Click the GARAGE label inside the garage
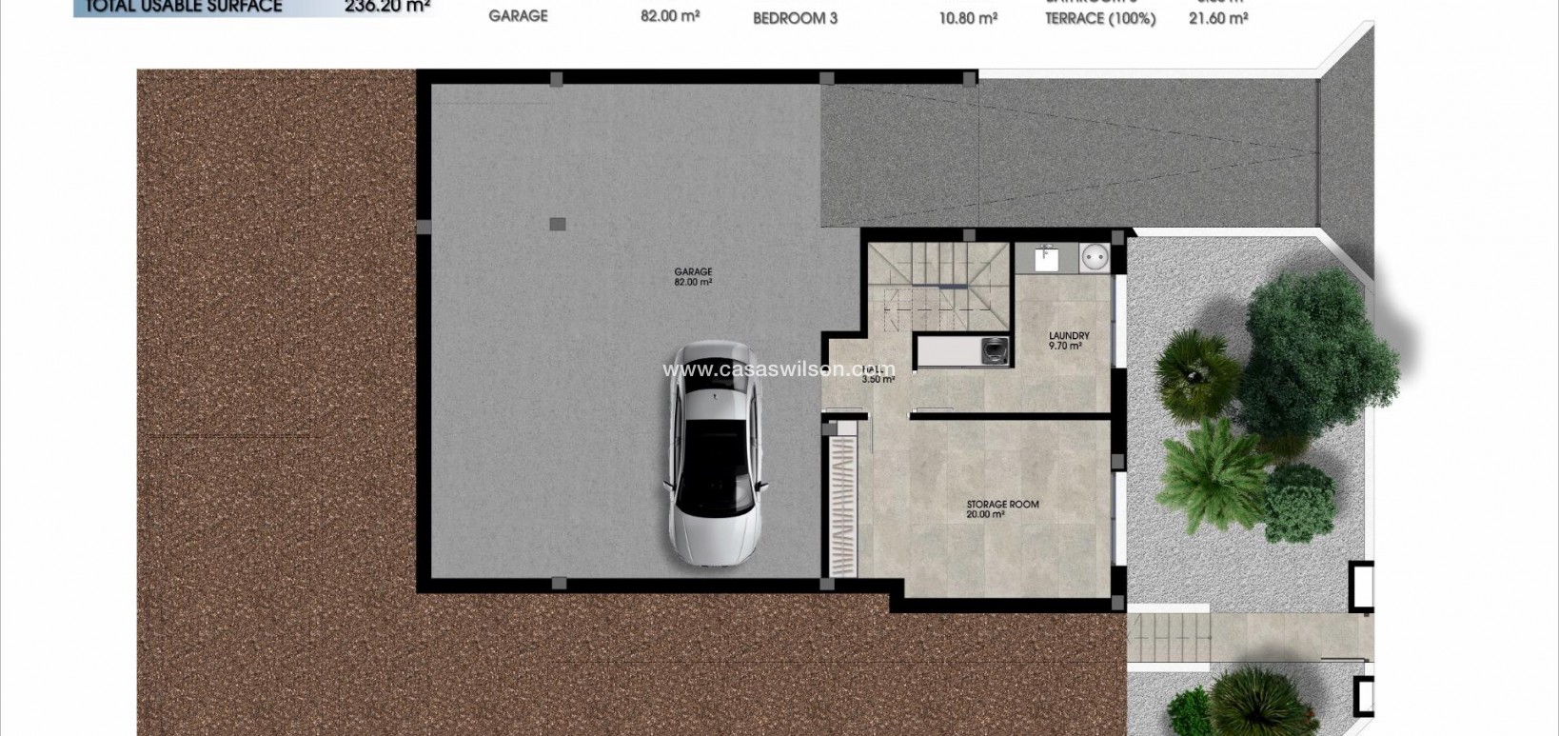point(693,272)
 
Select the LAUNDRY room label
point(1069,336)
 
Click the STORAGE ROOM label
point(1002,505)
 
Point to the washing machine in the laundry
point(996,350)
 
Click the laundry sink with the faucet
point(1046,257)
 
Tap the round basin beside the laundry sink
point(1092,257)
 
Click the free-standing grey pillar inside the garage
point(558,225)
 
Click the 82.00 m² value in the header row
point(670,16)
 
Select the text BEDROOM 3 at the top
point(795,18)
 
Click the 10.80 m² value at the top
point(968,18)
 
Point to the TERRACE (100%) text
point(1099,18)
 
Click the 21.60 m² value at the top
point(1218,18)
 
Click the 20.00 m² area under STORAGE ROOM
point(985,515)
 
